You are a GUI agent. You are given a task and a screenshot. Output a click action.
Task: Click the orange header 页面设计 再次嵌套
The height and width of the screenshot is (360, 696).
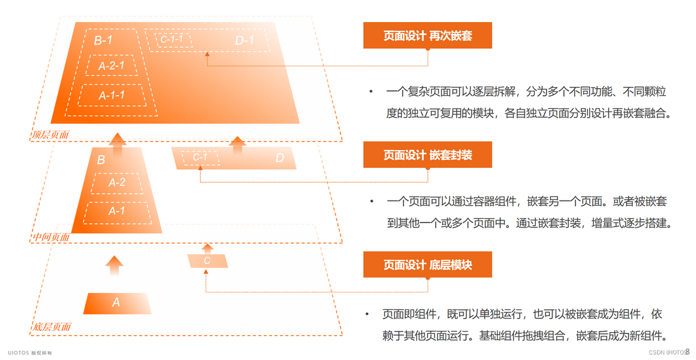pos(427,36)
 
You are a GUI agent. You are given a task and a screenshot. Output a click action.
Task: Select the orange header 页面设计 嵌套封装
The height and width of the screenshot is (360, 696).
pos(427,155)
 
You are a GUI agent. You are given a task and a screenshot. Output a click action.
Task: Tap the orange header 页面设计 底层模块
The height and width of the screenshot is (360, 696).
pos(427,265)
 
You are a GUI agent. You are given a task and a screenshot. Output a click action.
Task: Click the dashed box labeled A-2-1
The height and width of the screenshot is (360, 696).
pos(111,66)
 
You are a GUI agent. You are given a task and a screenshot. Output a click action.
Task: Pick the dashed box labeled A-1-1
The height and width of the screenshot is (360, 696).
pos(111,95)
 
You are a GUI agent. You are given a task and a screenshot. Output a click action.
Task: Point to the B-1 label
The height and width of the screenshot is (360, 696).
pos(104,40)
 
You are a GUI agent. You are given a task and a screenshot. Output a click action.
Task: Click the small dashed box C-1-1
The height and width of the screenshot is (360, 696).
pos(172,39)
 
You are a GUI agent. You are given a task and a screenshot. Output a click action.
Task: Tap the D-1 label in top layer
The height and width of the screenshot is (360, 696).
pos(244,40)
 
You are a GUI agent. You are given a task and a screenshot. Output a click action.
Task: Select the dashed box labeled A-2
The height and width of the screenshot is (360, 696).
pos(116,183)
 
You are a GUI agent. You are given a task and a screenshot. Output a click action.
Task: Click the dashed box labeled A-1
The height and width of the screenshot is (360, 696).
pos(116,211)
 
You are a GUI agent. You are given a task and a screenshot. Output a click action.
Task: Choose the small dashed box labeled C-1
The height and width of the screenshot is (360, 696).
pos(200,158)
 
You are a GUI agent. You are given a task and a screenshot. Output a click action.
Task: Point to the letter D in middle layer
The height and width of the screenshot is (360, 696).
pos(280,158)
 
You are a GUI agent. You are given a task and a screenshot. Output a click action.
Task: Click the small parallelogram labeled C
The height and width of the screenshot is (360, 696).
pos(207,260)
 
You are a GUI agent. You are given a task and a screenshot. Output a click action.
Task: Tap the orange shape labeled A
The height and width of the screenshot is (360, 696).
pos(116,303)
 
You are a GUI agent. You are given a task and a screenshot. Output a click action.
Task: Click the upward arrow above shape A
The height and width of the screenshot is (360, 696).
pos(114,266)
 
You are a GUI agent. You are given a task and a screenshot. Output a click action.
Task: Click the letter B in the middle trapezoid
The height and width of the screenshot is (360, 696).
pos(101,161)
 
